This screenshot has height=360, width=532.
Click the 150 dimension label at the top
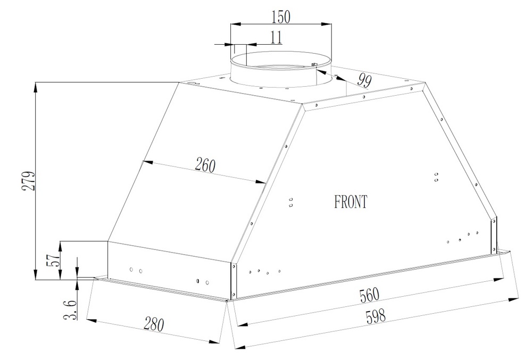281,17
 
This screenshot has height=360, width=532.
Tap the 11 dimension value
276,37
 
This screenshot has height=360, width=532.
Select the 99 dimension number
364,80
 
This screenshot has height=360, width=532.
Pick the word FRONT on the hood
351,202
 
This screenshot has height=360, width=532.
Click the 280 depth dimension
154,324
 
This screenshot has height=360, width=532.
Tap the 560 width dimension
369,295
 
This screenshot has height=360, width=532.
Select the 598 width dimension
376,316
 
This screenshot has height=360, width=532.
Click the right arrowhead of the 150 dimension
327,24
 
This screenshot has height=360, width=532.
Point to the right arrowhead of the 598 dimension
514,300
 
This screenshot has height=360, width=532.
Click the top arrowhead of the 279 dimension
36,87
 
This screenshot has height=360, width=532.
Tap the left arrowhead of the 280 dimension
92,320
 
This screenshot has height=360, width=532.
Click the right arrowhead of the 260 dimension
261,182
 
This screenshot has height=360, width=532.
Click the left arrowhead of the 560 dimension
242,324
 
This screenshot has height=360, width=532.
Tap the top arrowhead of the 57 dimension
61,246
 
